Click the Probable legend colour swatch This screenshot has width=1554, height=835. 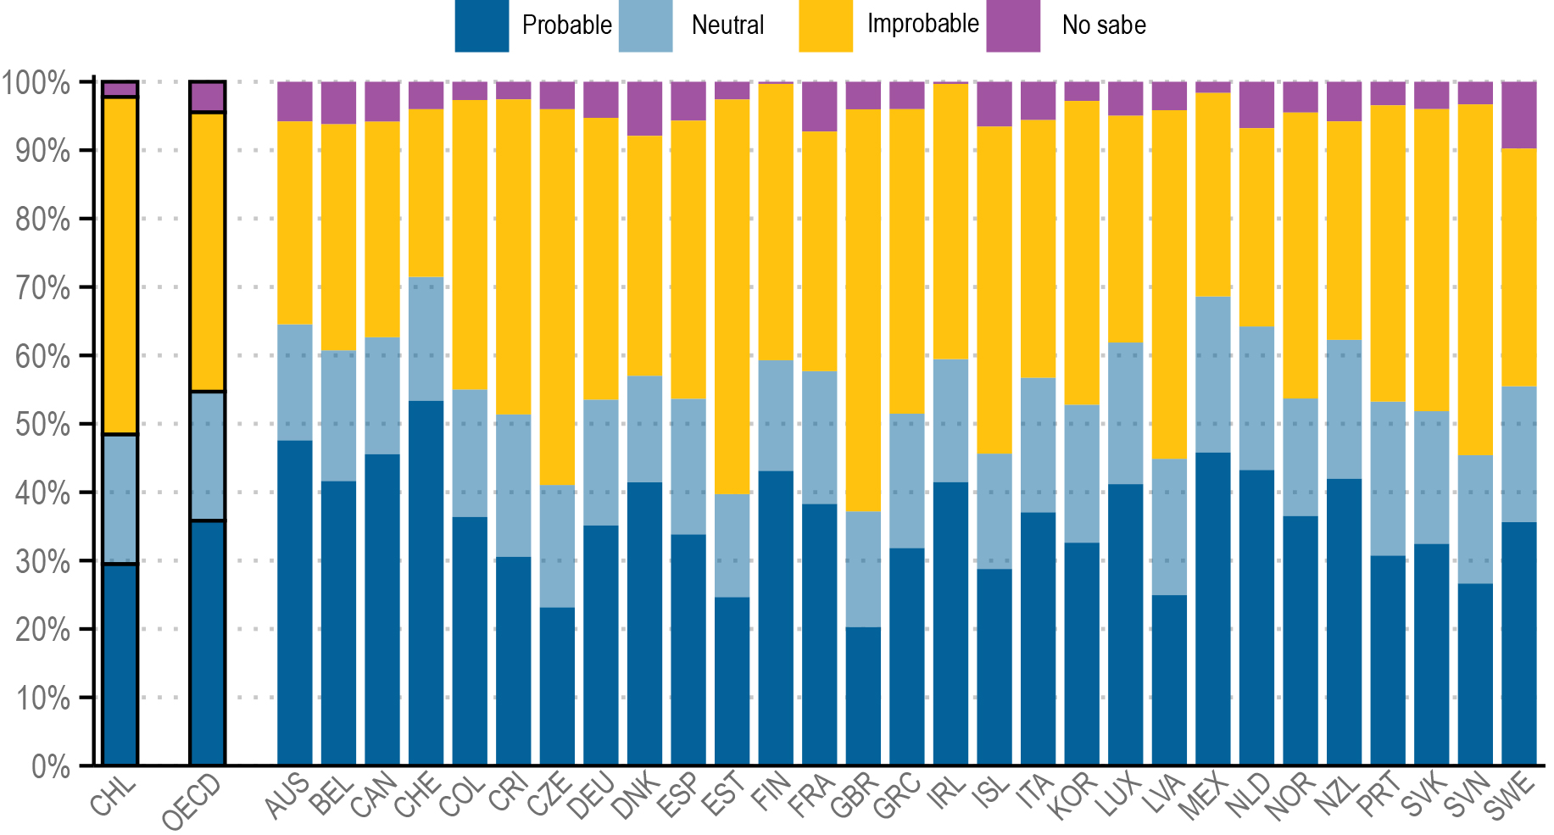[x=481, y=25]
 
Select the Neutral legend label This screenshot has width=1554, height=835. [x=727, y=25]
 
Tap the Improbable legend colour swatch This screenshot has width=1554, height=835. [x=825, y=25]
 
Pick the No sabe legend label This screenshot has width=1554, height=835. [x=1103, y=25]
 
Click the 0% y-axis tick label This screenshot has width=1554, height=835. [x=50, y=766]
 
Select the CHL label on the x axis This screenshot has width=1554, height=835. [x=114, y=797]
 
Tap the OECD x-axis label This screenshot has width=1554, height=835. [x=192, y=802]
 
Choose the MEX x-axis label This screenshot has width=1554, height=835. [x=1205, y=797]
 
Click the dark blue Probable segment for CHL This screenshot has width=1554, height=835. [x=120, y=665]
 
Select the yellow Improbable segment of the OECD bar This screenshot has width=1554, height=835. [x=207, y=252]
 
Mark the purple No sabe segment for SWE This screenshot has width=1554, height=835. [x=1518, y=115]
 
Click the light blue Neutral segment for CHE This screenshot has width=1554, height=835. [x=426, y=339]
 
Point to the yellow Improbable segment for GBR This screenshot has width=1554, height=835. [x=863, y=310]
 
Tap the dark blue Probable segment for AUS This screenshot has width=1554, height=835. [x=294, y=603]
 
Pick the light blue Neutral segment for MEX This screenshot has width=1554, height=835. [x=1212, y=375]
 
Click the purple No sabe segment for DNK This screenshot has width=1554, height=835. [x=644, y=109]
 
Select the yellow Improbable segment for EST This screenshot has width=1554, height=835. [x=732, y=297]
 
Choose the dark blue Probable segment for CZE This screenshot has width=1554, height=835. [x=557, y=687]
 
